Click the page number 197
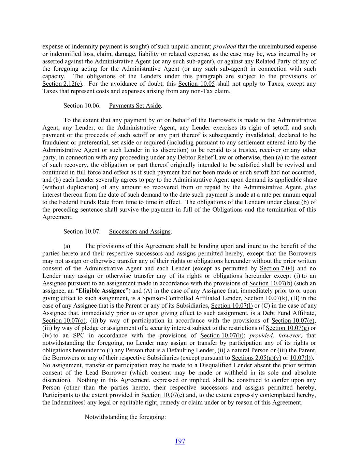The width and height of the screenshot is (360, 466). point(180,441)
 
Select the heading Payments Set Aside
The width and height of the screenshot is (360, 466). point(135,105)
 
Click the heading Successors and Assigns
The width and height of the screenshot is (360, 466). point(140,231)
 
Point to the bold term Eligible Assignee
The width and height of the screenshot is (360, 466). point(102,291)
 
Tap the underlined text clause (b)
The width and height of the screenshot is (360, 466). point(296,202)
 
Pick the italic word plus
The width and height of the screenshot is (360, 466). point(310,187)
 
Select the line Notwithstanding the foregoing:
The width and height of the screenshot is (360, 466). point(125,417)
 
